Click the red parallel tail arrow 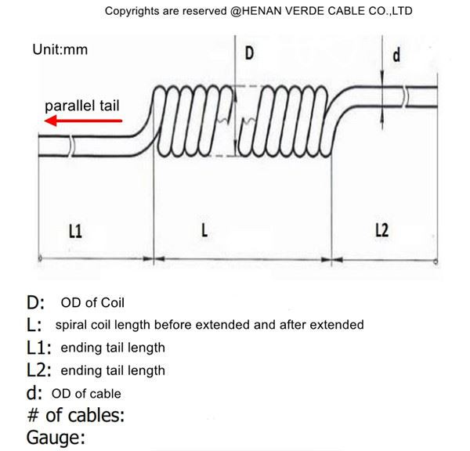(82, 121)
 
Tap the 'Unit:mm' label (60, 49)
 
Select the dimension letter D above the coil (250, 53)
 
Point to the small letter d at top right (396, 56)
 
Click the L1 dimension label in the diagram (76, 231)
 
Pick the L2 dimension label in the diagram (382, 230)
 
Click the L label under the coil (204, 231)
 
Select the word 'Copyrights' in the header (134, 11)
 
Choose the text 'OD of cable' (86, 393)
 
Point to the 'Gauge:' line (56, 438)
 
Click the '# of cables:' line (75, 415)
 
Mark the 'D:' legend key (35, 302)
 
